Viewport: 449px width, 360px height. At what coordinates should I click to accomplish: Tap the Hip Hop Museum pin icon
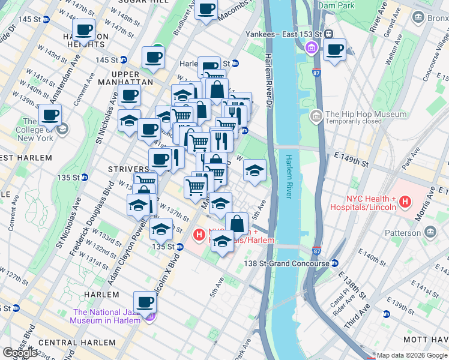[x=316, y=115]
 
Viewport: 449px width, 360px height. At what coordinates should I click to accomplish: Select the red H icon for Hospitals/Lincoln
[x=406, y=202]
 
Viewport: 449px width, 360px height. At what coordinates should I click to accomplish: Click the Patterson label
[x=403, y=232]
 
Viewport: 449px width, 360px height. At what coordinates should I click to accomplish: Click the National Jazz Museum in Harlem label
[x=107, y=316]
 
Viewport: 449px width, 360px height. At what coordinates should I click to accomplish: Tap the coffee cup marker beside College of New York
[x=50, y=115]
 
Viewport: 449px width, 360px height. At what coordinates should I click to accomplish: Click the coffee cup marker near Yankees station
[x=334, y=49]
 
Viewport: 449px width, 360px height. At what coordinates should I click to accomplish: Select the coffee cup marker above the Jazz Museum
[x=145, y=302]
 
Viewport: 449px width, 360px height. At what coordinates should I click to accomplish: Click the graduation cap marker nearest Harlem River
[x=255, y=170]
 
